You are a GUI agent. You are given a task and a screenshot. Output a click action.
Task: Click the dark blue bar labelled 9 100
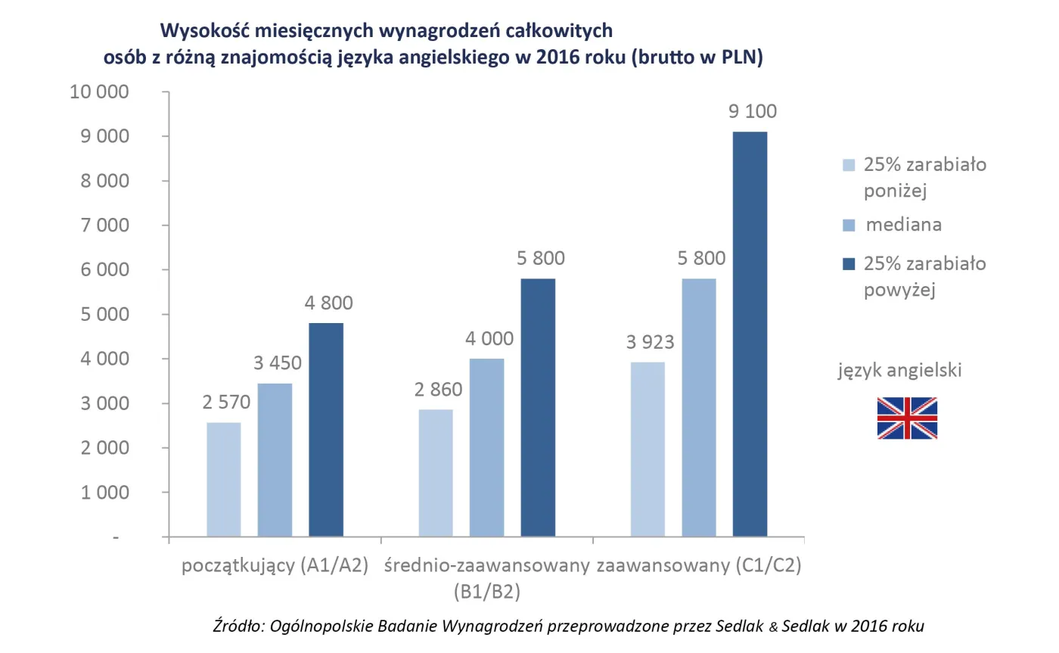click(750, 334)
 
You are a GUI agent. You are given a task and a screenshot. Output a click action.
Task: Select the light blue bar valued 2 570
click(223, 480)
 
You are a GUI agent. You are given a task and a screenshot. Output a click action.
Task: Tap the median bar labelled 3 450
click(275, 460)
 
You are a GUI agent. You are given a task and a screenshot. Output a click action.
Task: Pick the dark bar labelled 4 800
click(326, 430)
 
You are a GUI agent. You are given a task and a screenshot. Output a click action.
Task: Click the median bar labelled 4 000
click(486, 448)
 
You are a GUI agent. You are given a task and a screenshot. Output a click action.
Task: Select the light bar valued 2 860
click(435, 473)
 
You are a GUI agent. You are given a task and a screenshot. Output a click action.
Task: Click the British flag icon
click(907, 418)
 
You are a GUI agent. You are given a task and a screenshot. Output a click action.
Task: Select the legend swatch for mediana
click(848, 225)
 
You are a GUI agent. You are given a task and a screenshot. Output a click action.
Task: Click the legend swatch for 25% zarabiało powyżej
click(848, 264)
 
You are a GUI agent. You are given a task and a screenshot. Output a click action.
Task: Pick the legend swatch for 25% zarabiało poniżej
click(848, 165)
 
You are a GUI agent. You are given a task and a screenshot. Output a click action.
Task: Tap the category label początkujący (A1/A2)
click(275, 566)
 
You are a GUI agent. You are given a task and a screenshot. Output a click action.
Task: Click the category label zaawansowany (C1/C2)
click(698, 566)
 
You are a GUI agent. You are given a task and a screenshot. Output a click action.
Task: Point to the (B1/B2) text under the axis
click(486, 591)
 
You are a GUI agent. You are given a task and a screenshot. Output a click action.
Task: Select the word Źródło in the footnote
click(238, 626)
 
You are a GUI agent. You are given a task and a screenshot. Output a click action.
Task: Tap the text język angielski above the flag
click(900, 371)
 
